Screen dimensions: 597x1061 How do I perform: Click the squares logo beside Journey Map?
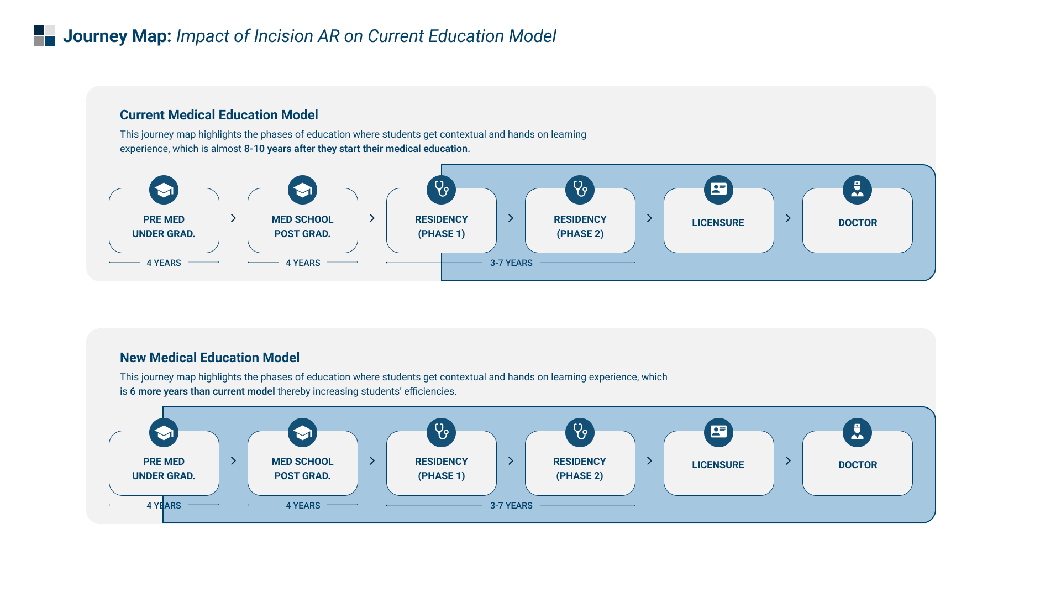tap(44, 36)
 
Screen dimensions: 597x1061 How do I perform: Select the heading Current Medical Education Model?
tap(219, 115)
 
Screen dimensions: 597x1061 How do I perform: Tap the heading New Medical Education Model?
tap(209, 358)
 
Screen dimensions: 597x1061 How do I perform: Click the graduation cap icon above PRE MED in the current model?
tap(164, 190)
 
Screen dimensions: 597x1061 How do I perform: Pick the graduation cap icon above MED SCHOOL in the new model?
tap(302, 432)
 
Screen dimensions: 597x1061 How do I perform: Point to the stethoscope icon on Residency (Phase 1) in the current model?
tap(441, 190)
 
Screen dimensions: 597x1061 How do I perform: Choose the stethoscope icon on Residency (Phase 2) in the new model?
tap(580, 432)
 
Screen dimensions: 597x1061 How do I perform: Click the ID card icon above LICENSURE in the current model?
tap(718, 190)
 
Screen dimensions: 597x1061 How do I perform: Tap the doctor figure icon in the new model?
tap(857, 432)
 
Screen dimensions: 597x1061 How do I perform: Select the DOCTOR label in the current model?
tap(858, 223)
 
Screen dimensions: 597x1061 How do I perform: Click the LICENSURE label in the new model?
tap(718, 465)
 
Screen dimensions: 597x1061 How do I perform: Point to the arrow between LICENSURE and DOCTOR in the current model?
tap(788, 218)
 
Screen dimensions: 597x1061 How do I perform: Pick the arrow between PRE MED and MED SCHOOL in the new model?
tap(233, 461)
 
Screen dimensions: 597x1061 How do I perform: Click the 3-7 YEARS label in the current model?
tap(511, 263)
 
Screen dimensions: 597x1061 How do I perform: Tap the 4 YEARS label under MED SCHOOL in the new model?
tap(303, 506)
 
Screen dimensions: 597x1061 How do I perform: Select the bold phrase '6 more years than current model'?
tap(202, 391)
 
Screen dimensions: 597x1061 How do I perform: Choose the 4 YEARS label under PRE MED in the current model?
tap(164, 263)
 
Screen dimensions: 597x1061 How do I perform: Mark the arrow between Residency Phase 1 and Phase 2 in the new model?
tap(511, 461)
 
